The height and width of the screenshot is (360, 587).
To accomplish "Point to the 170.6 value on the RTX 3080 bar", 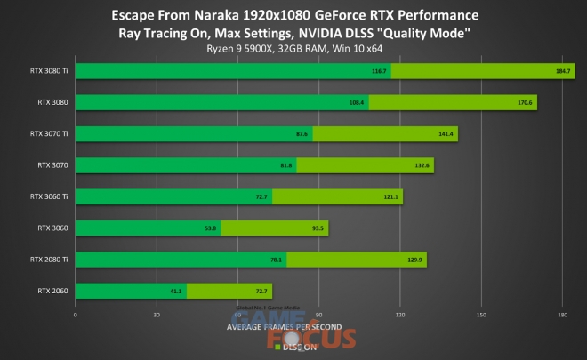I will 525,102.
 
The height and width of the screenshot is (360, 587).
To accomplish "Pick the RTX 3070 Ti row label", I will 50,134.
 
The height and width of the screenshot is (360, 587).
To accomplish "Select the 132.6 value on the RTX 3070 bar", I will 422,165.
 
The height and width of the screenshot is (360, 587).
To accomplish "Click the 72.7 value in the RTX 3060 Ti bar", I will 261,196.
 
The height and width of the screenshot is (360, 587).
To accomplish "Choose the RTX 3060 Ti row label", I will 50,196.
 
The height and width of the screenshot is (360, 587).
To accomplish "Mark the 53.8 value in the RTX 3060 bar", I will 211,228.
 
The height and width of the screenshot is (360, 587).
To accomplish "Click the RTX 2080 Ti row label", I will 50,259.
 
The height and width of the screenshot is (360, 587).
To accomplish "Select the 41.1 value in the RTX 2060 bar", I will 176,291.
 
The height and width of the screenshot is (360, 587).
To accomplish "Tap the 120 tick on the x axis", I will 400,314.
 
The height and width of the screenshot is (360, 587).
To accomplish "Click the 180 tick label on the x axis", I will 562,314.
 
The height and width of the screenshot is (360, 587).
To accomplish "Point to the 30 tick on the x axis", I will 157,314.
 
